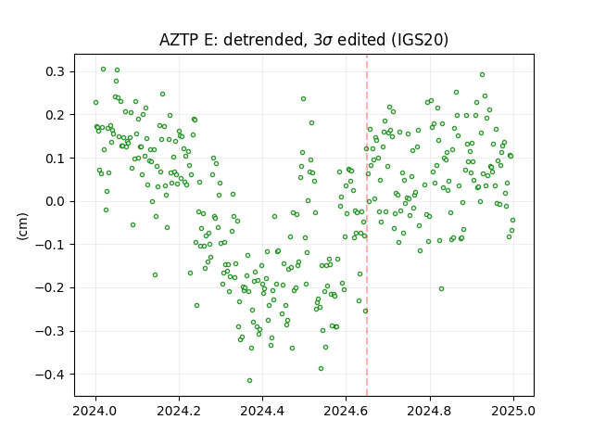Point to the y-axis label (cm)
22,226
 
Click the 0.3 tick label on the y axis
55,71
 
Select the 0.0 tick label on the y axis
55,201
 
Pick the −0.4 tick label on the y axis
50,375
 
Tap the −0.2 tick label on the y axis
50,288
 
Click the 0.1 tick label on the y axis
55,159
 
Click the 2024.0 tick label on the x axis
95,411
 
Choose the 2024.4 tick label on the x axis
262,411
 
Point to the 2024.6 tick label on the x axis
346,411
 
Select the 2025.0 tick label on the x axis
513,411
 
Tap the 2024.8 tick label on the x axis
430,411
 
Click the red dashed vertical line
367,225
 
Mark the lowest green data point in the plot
249,380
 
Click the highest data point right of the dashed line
482,74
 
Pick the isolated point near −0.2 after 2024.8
441,288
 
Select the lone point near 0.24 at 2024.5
303,99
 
